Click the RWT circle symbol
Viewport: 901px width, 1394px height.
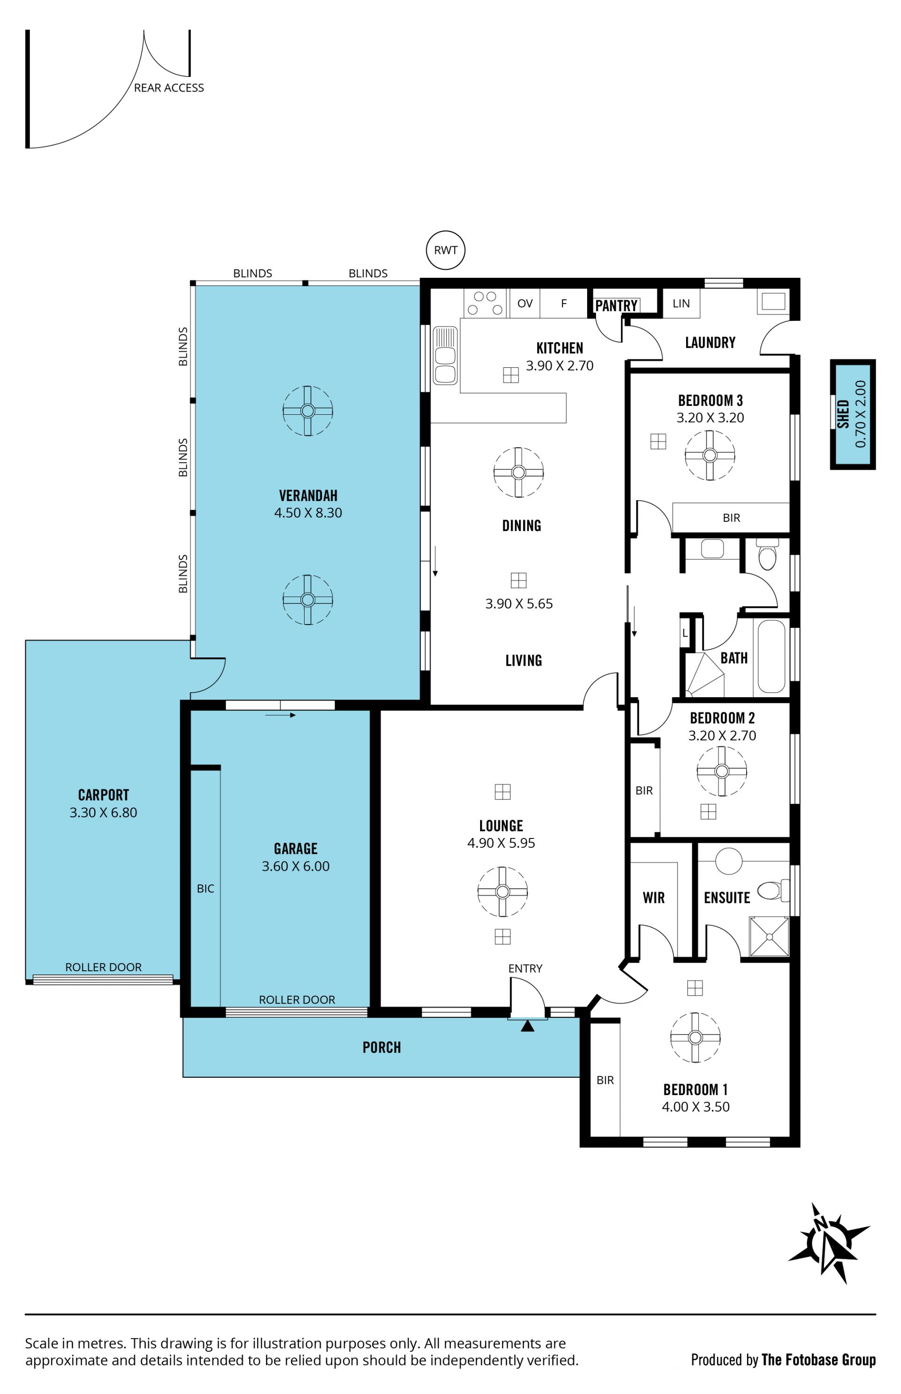point(445,250)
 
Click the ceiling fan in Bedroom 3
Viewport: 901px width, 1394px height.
point(710,455)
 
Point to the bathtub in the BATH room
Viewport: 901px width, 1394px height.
point(771,656)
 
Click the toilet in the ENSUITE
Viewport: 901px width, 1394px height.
point(773,891)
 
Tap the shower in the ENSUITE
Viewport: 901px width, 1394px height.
point(769,937)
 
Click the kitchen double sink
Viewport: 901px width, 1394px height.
point(445,355)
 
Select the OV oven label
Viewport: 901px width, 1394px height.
point(525,304)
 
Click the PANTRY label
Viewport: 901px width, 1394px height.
point(616,305)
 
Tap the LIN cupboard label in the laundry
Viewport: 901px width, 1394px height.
point(681,303)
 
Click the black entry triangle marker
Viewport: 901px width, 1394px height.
point(527,1026)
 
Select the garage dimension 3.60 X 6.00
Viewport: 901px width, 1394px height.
point(296,866)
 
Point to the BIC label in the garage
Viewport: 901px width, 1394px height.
point(206,889)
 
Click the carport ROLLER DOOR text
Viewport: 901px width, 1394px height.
point(104,967)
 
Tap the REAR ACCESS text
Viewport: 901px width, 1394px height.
point(169,88)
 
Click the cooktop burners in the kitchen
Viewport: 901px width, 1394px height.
point(485,303)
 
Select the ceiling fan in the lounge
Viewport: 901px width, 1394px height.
point(502,891)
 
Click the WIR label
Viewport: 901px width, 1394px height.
point(654,898)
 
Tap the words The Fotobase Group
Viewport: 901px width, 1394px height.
point(818,1360)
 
